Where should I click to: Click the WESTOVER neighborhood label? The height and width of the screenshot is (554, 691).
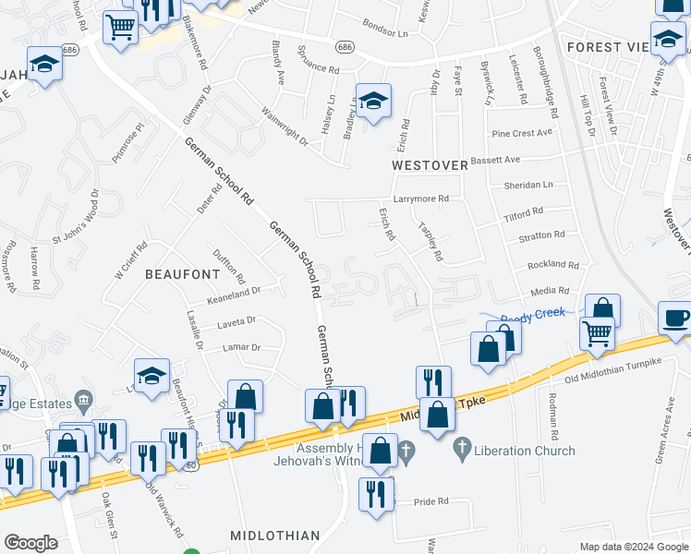[431, 165]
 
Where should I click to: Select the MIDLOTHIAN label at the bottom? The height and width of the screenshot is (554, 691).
[276, 536]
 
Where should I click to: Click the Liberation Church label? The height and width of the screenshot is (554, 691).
[526, 451]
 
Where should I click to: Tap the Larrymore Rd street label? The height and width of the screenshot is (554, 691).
[420, 199]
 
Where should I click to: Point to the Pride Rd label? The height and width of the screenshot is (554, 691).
[430, 500]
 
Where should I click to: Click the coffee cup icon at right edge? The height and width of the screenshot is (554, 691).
[675, 318]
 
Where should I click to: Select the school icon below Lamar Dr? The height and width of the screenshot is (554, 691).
[152, 376]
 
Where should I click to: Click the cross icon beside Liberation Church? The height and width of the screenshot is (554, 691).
[463, 451]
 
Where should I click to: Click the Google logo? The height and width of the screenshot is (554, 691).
[30, 543]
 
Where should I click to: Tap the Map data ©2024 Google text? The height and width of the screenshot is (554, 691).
[634, 547]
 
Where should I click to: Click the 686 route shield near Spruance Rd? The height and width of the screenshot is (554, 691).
[345, 46]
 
